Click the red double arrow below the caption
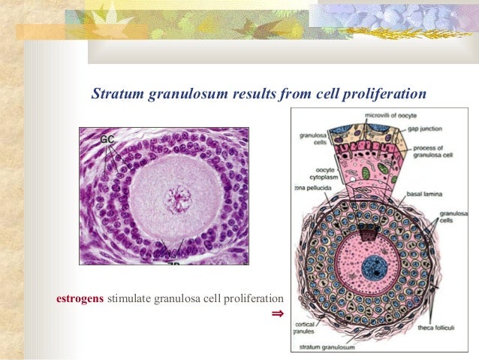pos(277,313)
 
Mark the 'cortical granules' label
pos(309,327)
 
